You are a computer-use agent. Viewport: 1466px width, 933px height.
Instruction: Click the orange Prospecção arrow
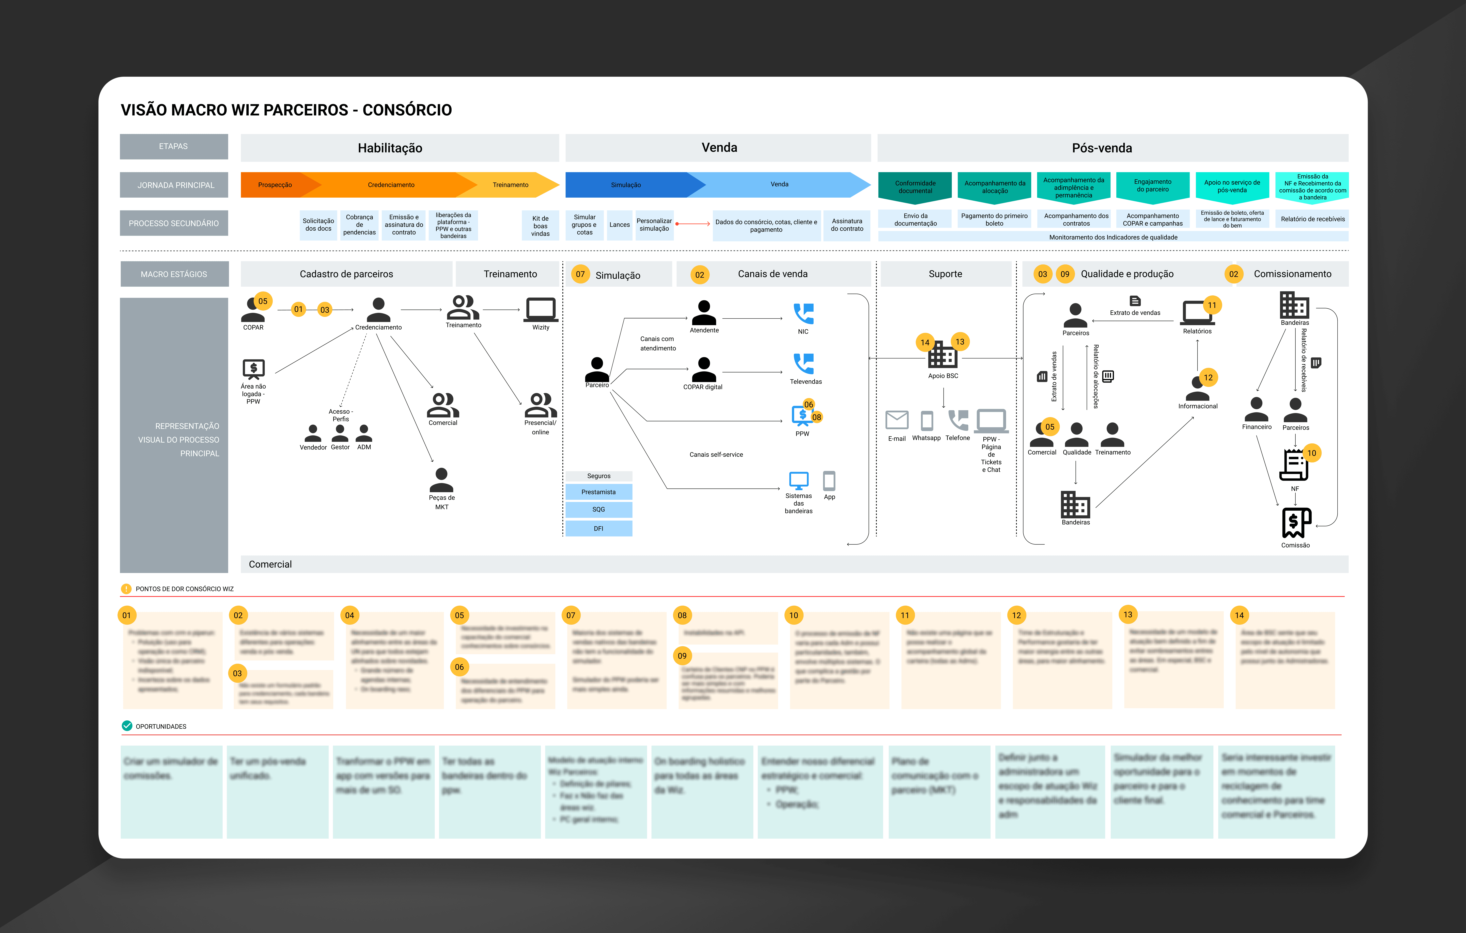coord(275,185)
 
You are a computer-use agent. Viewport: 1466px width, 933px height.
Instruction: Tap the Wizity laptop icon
coord(541,309)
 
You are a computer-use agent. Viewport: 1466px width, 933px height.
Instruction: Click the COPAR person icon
coord(253,310)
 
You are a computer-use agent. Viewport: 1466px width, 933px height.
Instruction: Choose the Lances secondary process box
coord(620,225)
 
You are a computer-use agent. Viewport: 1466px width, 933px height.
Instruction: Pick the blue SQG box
coord(598,509)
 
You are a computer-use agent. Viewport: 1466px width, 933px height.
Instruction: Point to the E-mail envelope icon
coord(897,420)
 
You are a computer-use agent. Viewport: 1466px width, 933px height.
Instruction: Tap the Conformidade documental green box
coord(915,187)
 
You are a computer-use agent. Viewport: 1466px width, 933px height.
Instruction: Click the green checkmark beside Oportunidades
coord(127,725)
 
